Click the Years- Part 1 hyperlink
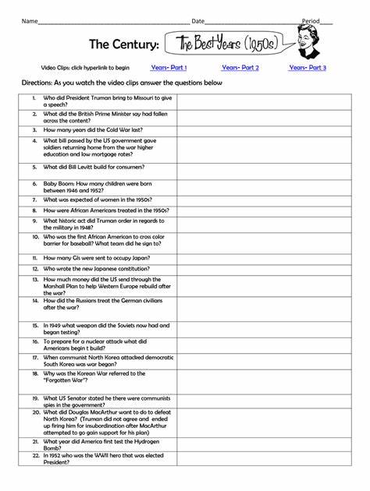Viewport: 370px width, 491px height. [169, 68]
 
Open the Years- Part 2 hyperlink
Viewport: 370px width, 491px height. [240, 68]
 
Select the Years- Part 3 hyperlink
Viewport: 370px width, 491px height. [308, 68]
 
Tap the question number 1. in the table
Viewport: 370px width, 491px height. [34, 98]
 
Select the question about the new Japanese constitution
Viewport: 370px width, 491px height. [97, 269]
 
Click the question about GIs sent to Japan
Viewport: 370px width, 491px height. [97, 258]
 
